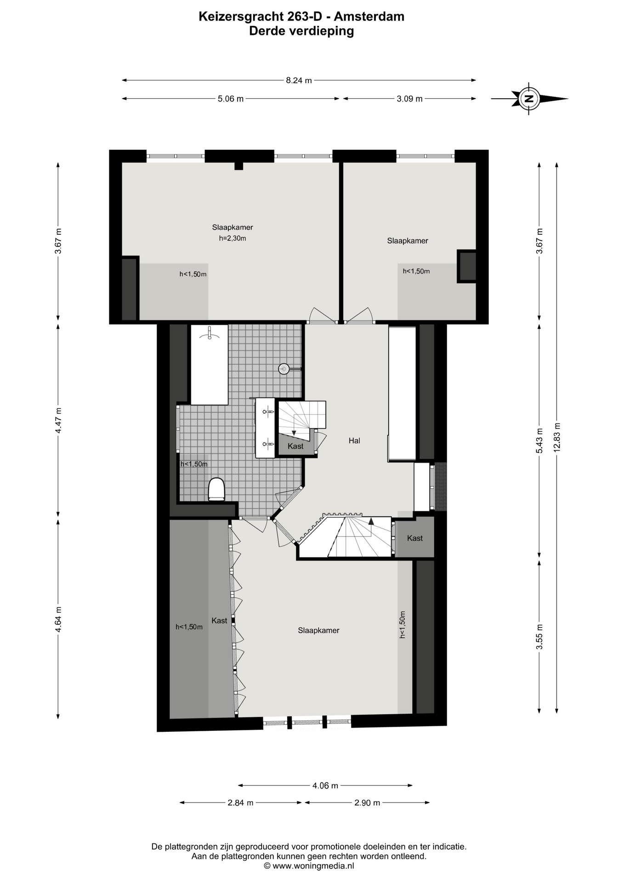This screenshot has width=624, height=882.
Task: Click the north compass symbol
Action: click(x=529, y=98)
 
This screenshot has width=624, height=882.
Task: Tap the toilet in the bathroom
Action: click(x=216, y=489)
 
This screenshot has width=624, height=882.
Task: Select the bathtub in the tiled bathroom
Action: click(x=210, y=365)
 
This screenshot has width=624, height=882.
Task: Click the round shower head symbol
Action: click(x=284, y=368)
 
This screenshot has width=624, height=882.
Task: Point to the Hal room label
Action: click(x=354, y=441)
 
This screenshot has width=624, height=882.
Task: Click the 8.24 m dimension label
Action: click(x=299, y=80)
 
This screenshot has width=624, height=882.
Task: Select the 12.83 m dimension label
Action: click(x=557, y=437)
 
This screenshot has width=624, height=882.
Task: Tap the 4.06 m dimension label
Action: click(x=325, y=786)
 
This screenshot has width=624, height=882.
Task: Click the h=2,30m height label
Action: click(x=233, y=238)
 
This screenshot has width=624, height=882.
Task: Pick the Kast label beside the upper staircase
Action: click(x=295, y=446)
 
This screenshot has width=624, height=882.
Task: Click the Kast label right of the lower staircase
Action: click(x=415, y=538)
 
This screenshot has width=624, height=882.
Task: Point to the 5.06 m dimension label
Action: click(x=231, y=99)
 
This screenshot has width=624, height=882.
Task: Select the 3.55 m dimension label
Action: click(x=539, y=636)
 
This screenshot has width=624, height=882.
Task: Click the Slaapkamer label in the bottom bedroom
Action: click(x=318, y=630)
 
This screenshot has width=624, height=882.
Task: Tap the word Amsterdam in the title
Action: click(x=369, y=17)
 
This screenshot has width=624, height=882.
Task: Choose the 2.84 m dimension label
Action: click(x=240, y=803)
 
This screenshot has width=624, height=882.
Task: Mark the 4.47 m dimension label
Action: click(x=58, y=420)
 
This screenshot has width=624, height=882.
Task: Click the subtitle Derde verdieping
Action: click(x=301, y=31)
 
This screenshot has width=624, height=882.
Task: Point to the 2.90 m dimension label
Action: click(x=367, y=803)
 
